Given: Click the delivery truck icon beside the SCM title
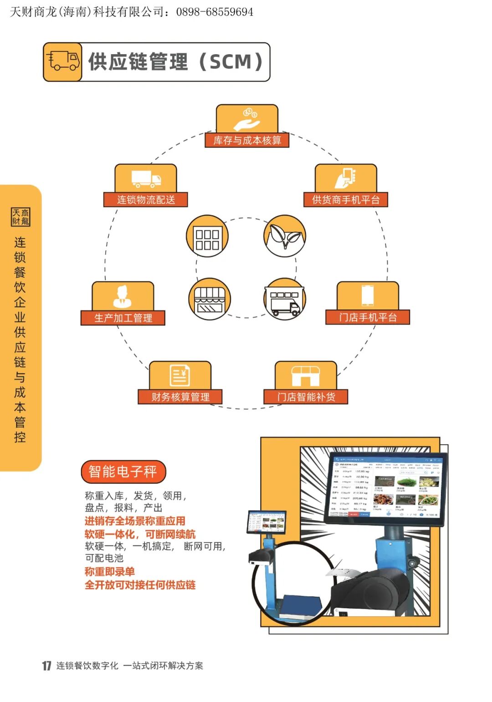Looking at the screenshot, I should click(x=63, y=62).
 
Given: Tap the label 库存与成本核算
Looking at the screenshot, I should click(x=247, y=140).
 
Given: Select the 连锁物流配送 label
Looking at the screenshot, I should click(x=146, y=199).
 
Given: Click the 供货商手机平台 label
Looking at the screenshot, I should click(x=346, y=199).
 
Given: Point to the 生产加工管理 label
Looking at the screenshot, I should click(x=123, y=318).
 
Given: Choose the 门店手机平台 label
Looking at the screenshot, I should click(x=368, y=317).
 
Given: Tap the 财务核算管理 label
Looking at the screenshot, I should click(x=180, y=397).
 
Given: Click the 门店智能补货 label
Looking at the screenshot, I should click(x=306, y=397).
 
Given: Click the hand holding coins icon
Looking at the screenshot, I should click(x=246, y=119).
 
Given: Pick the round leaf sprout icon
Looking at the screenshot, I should click(x=285, y=236).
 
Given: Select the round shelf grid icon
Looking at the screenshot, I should click(x=207, y=236).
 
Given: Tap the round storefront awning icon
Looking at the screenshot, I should click(x=210, y=299).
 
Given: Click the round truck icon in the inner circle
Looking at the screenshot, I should click(x=285, y=299).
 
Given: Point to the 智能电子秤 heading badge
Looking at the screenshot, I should click(x=123, y=472).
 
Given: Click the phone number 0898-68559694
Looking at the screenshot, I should click(x=215, y=12).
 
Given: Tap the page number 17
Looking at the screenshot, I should click(x=46, y=666).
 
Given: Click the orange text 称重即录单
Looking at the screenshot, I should click(x=110, y=572).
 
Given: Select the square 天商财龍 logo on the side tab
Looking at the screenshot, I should click(x=20, y=217).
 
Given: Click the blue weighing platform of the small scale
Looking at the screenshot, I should click(x=301, y=605).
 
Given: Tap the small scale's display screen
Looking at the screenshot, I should click(x=266, y=522).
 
